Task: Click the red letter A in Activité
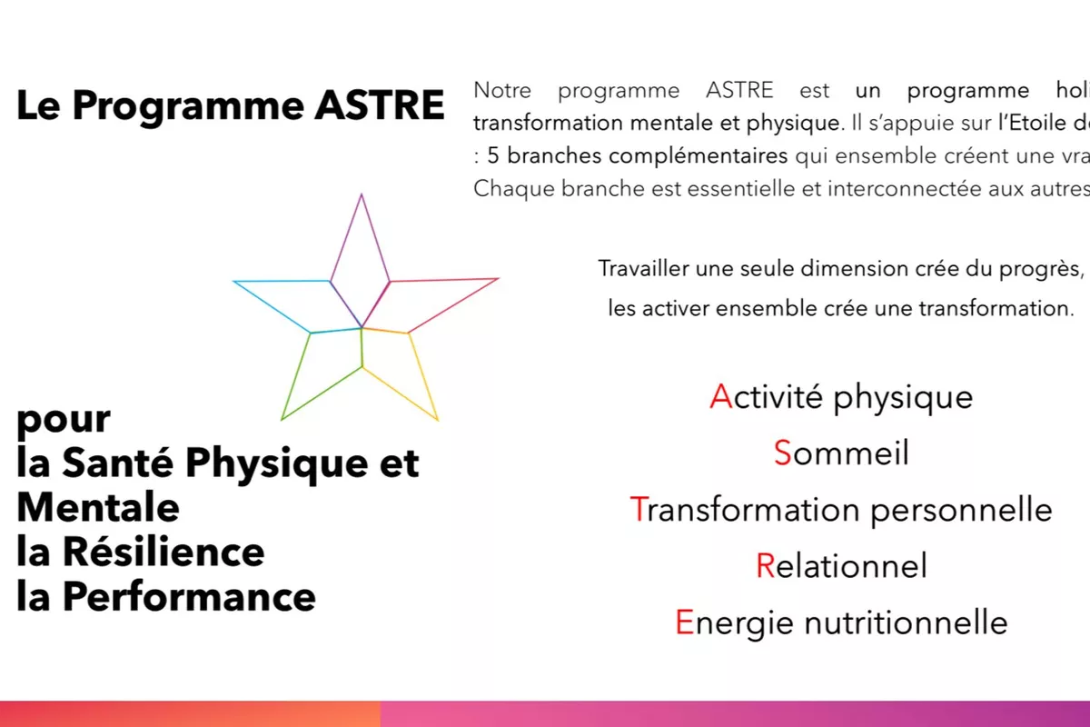click(720, 397)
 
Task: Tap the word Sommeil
click(841, 453)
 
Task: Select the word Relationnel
click(841, 566)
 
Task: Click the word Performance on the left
click(186, 597)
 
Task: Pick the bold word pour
click(64, 420)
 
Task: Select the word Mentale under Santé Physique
click(98, 507)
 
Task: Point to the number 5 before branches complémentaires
click(493, 155)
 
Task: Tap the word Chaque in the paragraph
click(502, 189)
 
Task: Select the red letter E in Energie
click(684, 623)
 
